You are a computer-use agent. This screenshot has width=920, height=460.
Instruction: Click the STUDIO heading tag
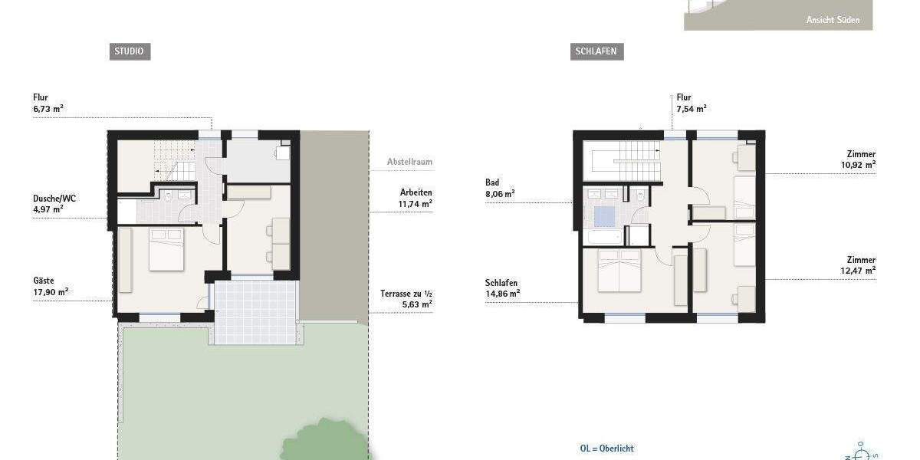[x=129, y=52]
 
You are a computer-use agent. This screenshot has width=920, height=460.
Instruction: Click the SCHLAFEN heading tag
[x=597, y=52]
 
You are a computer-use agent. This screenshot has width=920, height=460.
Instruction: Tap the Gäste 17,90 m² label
[x=51, y=286]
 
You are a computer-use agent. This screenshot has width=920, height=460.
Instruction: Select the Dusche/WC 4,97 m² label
[x=54, y=203]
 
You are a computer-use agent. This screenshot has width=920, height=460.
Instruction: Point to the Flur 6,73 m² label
[x=48, y=103]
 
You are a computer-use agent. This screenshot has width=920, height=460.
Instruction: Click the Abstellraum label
[x=409, y=162]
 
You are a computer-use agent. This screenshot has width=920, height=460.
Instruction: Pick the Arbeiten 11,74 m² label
[x=415, y=199]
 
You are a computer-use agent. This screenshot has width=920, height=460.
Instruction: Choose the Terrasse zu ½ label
[x=406, y=298]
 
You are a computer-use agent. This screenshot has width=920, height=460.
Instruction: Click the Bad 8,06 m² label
[x=499, y=188]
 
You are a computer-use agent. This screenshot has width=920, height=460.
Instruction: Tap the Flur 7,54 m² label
[x=691, y=103]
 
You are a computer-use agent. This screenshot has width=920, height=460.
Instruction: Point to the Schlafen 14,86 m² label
[x=502, y=287]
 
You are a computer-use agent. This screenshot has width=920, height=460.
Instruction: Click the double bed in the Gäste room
[x=166, y=249]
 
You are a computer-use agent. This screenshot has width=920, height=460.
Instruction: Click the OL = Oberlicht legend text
[x=606, y=449]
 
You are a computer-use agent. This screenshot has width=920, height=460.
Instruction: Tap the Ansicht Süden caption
[x=833, y=21]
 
